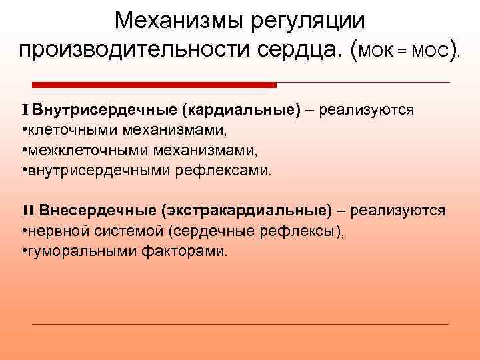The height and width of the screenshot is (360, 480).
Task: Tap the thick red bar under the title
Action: pos(154,85)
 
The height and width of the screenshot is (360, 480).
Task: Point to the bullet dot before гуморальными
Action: pos(24,251)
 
